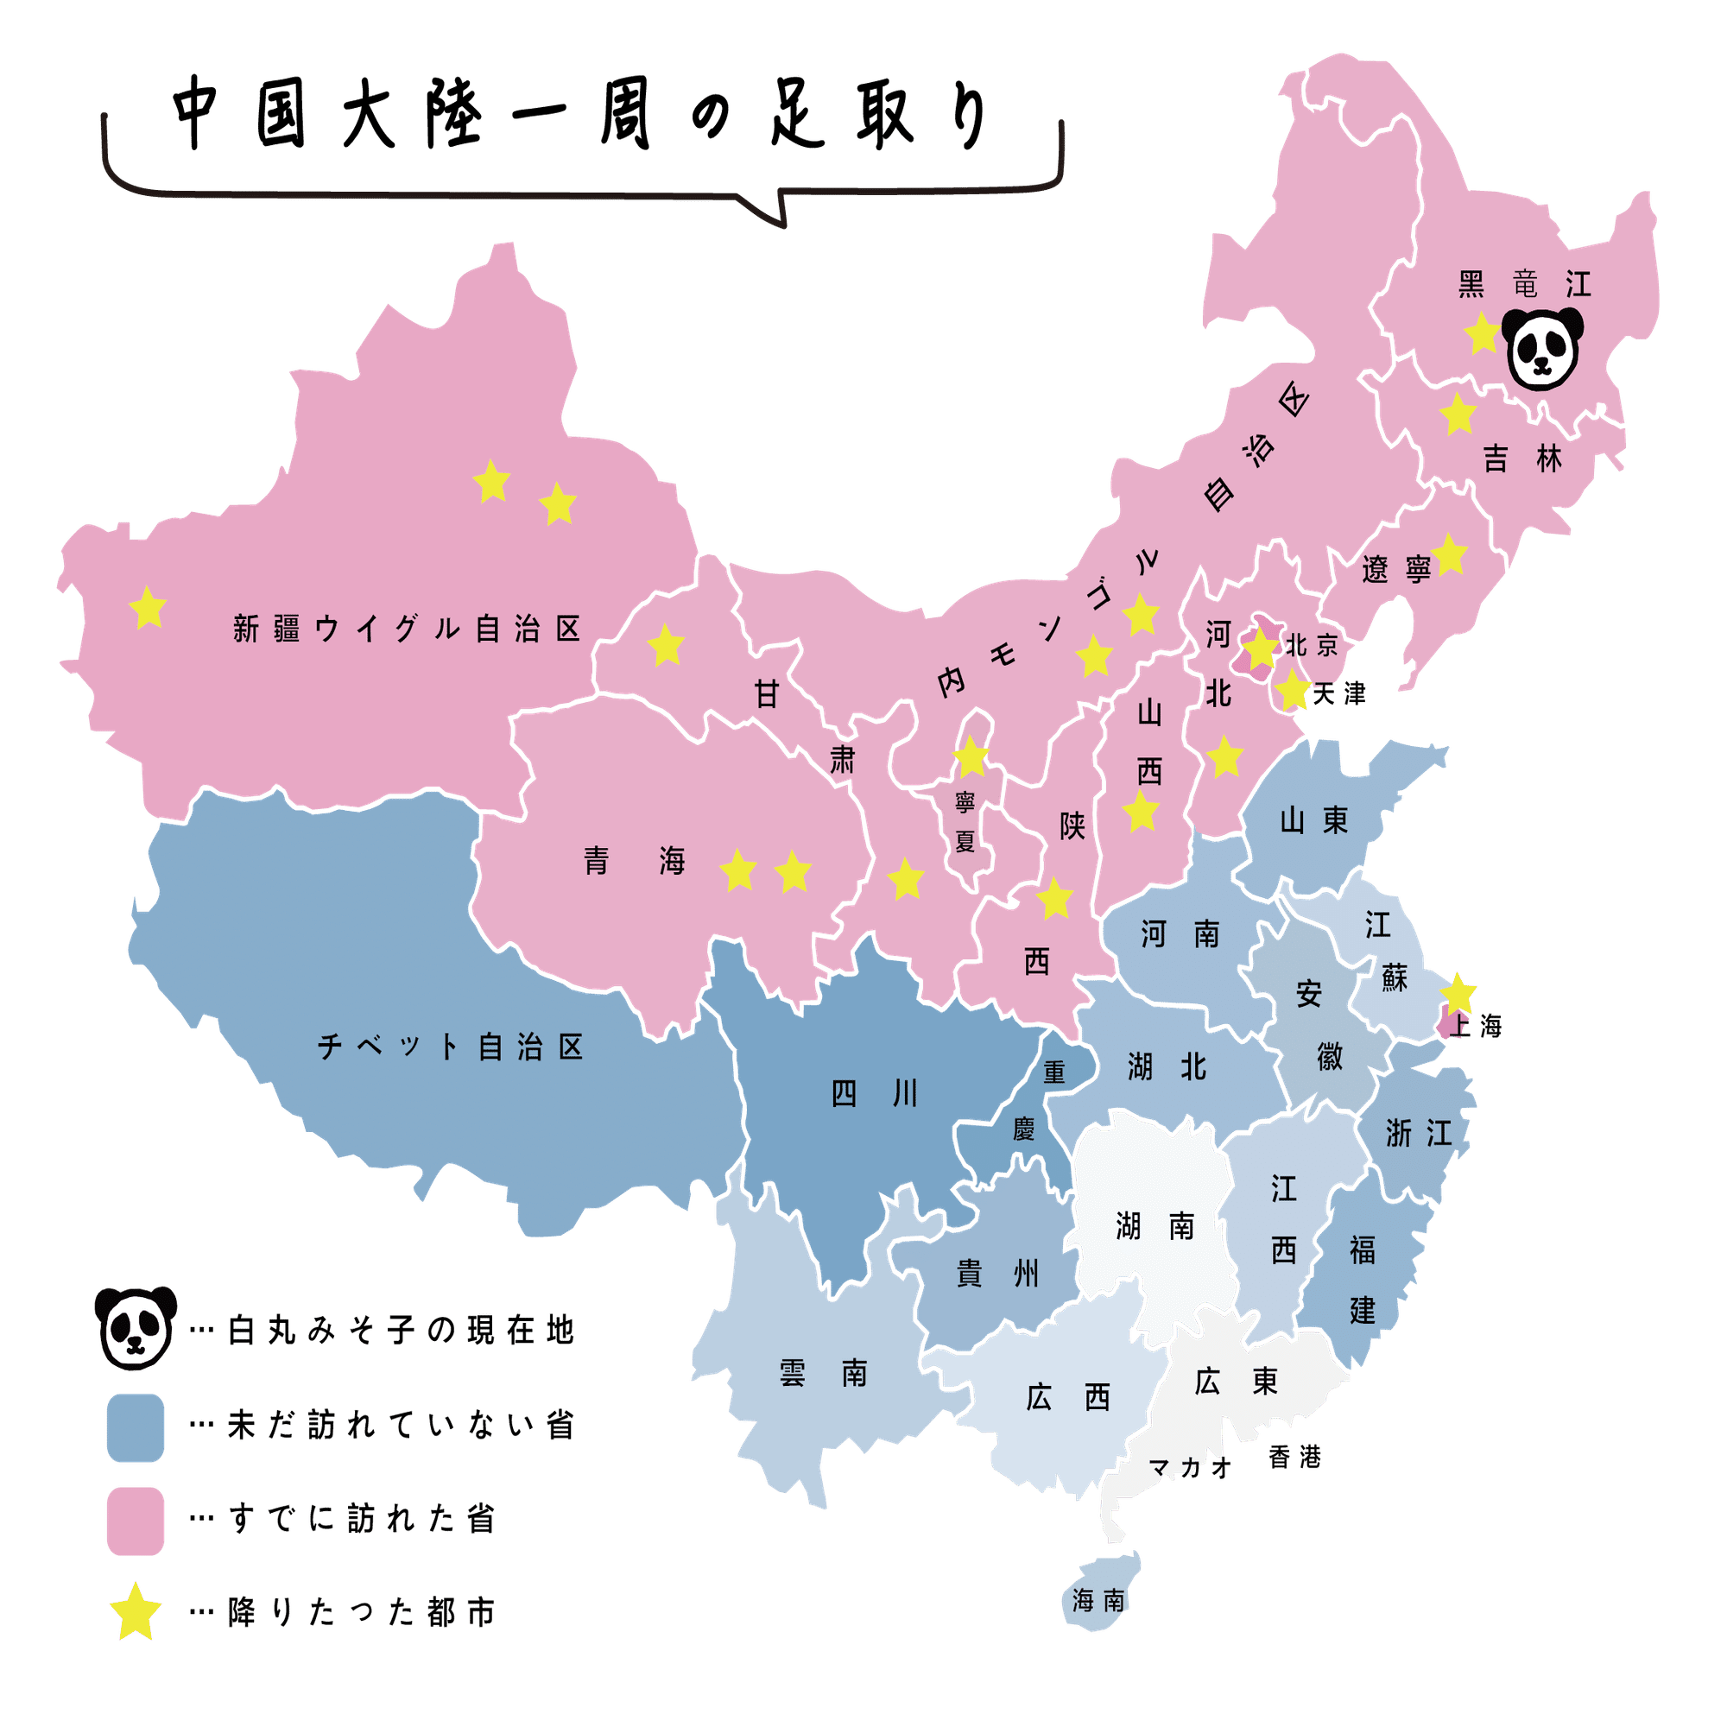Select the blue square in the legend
coord(136,1427)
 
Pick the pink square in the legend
coord(136,1521)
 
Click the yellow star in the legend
coord(136,1612)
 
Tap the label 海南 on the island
coord(1098,1601)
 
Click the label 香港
coord(1294,1458)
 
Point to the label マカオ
coord(1190,1467)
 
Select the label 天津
coord(1340,693)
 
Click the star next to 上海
coord(1458,992)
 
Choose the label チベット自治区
coord(451,1047)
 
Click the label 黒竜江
coord(1525,285)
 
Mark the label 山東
coord(1314,820)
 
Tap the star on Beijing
coord(1261,648)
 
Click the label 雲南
coord(823,1373)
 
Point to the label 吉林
coord(1523,459)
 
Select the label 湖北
coord(1167,1066)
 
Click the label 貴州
coord(998,1274)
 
